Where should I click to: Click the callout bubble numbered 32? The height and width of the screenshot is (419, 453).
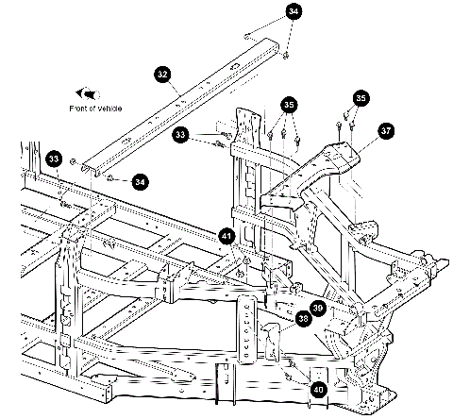pos(162,75)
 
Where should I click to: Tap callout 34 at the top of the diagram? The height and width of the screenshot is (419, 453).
pos(294,11)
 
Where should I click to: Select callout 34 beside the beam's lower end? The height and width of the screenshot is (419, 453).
pos(140,182)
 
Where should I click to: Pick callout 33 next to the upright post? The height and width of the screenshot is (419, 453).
pos(180,135)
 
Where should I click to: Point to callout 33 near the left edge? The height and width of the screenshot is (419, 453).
pos(54,159)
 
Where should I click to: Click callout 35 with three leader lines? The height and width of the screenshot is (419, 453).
pos(289,105)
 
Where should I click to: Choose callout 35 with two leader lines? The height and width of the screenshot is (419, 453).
pos(361,98)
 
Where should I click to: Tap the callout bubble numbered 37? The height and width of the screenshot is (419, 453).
pos(386,130)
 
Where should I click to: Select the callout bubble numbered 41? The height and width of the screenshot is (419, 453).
pos(226,236)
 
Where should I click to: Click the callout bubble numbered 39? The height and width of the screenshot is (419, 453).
pos(318,308)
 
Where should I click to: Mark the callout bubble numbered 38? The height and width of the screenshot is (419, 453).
pos(303,319)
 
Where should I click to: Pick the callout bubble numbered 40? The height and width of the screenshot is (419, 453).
pos(318,390)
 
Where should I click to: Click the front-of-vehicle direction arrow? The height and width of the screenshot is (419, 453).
pos(88,93)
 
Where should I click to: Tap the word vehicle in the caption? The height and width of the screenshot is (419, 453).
pos(109,109)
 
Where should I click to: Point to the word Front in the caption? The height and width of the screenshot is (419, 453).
pos(78,109)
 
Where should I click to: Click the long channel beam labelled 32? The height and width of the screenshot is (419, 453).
pos(180,106)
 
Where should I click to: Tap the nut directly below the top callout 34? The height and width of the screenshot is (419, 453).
pos(285,56)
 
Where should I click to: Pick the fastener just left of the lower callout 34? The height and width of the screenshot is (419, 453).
pos(110,179)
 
